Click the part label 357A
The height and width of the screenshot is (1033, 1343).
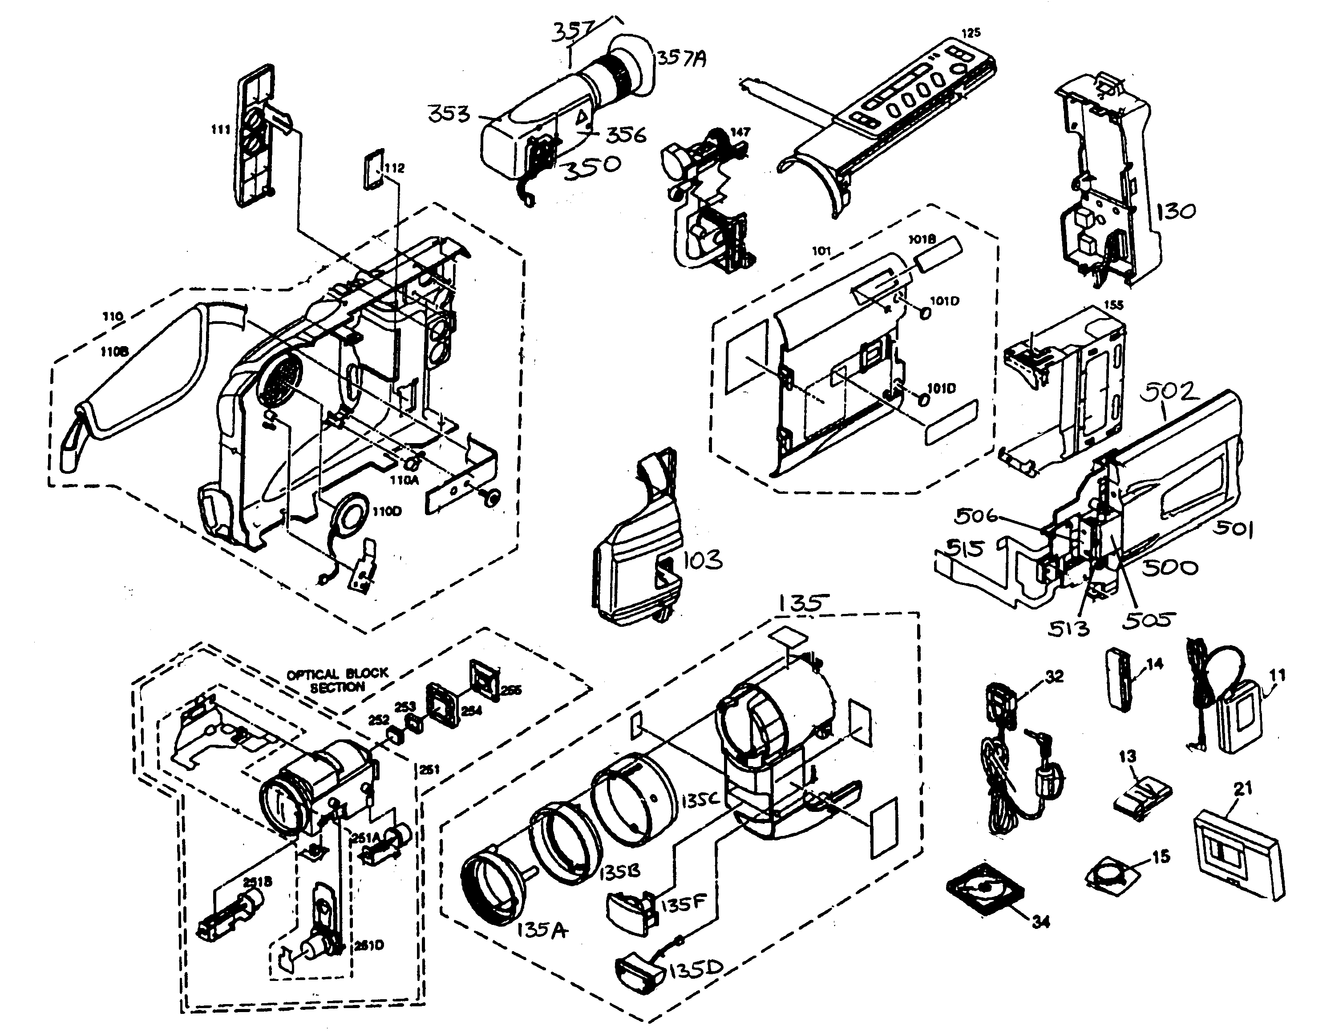(681, 58)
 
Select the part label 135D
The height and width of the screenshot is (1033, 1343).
(696, 972)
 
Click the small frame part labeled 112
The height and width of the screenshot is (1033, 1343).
(373, 169)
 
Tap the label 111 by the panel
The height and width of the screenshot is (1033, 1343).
(220, 130)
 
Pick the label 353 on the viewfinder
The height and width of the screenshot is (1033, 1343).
(449, 114)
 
